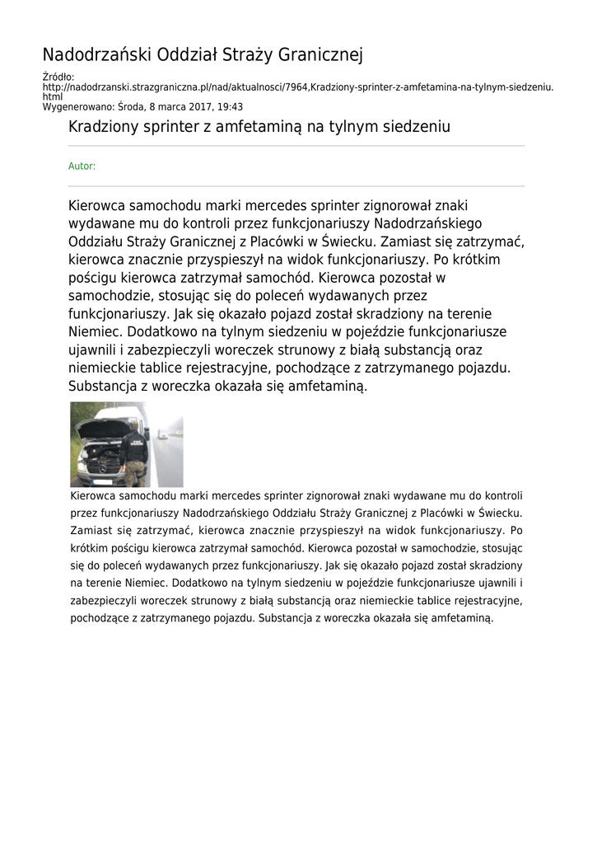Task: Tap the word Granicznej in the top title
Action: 320,55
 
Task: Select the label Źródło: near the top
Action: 58,77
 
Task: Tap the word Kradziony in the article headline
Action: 103,128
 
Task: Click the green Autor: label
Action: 82,166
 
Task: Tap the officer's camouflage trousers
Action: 135,471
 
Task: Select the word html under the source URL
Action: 52,96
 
